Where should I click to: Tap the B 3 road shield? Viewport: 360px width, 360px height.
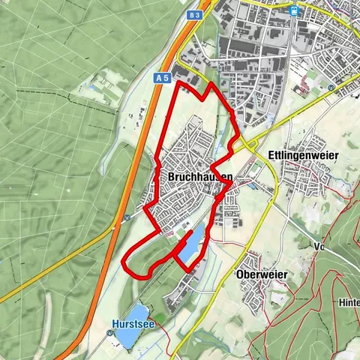(x=196, y=14)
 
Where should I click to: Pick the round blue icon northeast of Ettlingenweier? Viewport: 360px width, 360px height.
(x=331, y=88)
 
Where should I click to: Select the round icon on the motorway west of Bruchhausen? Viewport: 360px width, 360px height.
(x=127, y=217)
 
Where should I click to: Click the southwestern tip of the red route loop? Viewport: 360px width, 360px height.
(x=124, y=261)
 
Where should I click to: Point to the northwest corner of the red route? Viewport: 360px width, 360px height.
(x=177, y=83)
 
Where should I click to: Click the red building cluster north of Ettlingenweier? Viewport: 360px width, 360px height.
(x=303, y=88)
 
